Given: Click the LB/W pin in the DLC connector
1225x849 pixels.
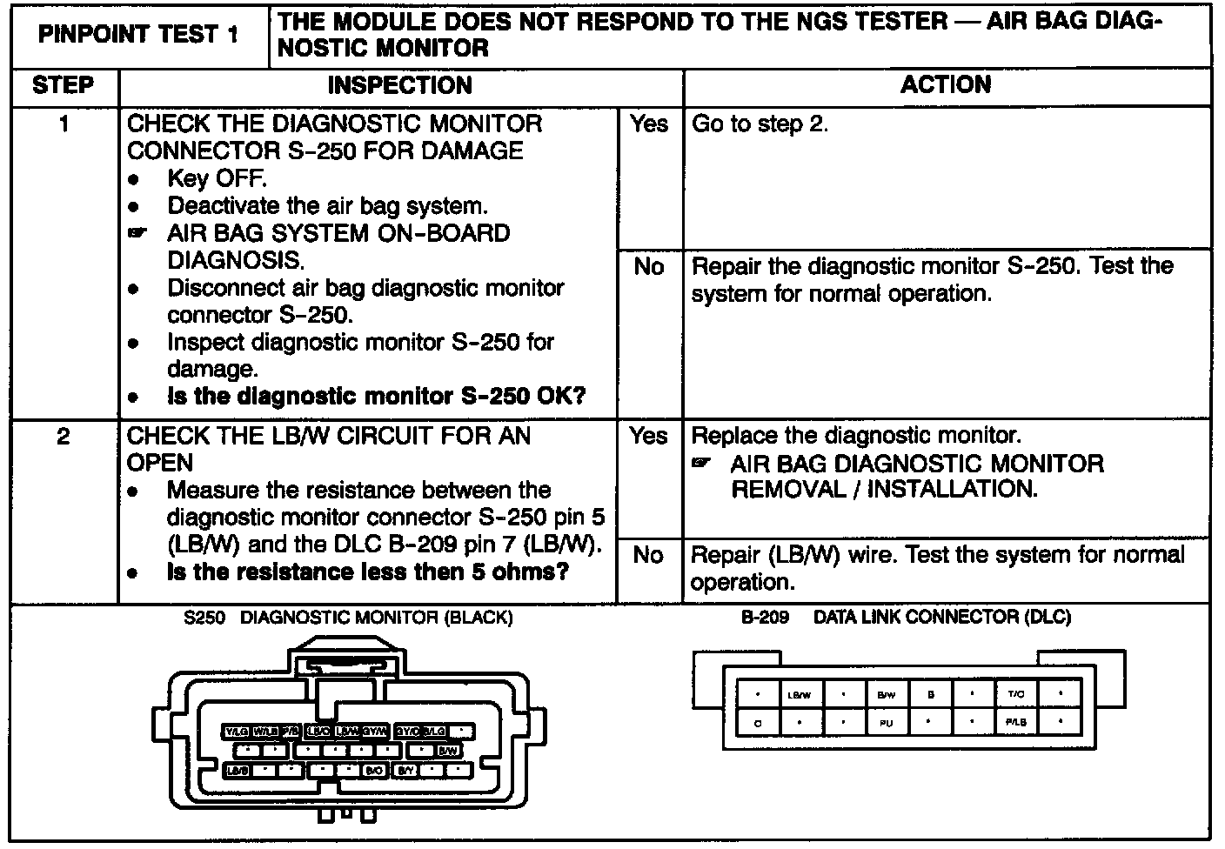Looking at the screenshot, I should [799, 695].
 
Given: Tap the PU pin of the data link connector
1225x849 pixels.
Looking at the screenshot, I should [886, 722].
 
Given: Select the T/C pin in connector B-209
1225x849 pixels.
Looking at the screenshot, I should [1016, 694].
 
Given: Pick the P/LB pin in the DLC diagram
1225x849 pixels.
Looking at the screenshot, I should [1016, 722].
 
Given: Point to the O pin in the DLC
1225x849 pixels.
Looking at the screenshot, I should [758, 722].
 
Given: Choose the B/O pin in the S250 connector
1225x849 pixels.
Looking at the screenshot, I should [375, 770].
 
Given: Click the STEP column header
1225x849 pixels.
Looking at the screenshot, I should [64, 85].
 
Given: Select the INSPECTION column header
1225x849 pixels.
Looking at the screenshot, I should [399, 85].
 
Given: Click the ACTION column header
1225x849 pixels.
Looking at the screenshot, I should [946, 85].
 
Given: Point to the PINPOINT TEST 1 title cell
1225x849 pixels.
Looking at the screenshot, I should [138, 36].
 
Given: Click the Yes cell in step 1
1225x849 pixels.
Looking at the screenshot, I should [649, 124].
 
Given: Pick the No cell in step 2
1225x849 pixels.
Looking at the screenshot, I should [649, 555].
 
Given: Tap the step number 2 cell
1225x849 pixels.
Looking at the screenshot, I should [64, 436].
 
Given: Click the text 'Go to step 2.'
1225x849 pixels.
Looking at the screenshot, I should [760, 124].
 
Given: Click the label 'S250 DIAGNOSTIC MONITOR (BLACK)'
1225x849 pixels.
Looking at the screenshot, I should [349, 618].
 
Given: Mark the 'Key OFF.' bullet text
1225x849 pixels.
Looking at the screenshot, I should [217, 178].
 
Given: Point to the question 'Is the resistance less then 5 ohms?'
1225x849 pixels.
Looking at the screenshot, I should [368, 572].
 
